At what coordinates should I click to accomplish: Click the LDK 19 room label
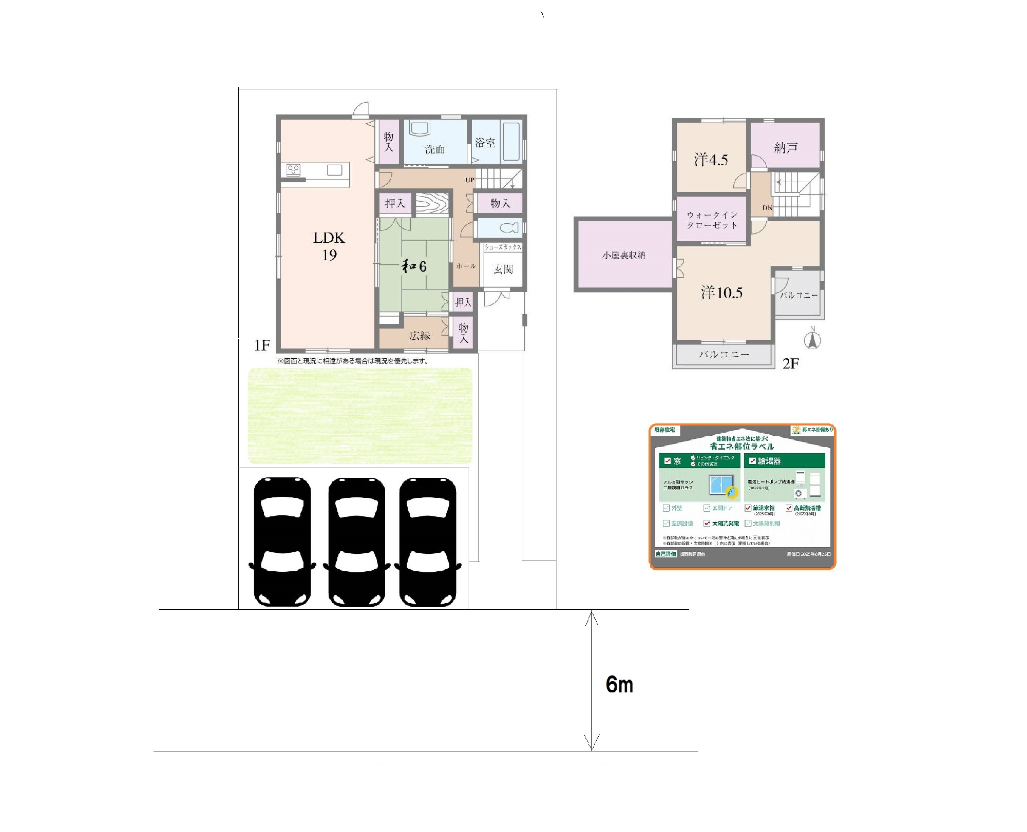point(329,246)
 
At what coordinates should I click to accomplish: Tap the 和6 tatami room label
point(414,266)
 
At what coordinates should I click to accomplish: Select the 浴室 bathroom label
point(485,143)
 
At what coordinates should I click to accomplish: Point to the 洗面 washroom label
point(435,149)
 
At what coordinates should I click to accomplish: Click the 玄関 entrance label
point(503,269)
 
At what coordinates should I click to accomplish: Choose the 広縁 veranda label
point(420,336)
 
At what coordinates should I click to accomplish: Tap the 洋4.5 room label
point(711,160)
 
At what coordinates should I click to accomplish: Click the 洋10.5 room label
point(721,293)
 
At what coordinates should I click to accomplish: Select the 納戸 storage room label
point(786,148)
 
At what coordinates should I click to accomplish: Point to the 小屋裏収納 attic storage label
point(623,255)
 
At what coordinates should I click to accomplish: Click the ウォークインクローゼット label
point(712,220)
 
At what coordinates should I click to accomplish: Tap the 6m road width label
point(619,685)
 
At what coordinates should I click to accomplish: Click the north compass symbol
point(812,340)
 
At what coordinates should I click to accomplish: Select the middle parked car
point(356,542)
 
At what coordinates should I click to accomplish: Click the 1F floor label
point(262,345)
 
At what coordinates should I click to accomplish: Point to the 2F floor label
point(790,364)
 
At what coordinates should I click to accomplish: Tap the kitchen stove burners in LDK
point(294,169)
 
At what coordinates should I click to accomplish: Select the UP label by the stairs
point(470,180)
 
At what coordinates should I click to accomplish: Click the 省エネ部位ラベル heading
point(741,446)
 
